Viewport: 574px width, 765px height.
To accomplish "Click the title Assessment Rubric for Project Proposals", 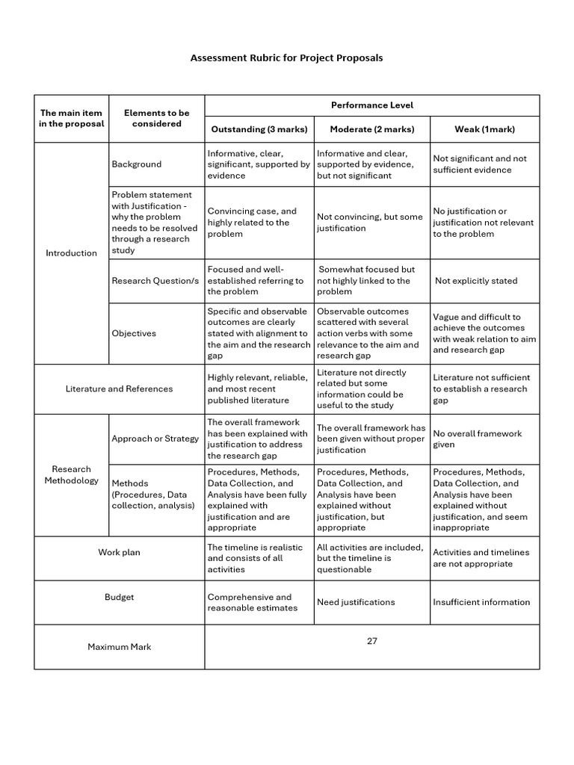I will (286, 58).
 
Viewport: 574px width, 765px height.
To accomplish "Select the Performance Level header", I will (371, 105).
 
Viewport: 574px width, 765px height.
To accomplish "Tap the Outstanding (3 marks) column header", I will (259, 129).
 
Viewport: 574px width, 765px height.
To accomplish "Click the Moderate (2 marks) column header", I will (371, 129).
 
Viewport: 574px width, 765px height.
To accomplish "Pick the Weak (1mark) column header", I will (484, 129).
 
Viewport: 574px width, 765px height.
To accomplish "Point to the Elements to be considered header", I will (156, 118).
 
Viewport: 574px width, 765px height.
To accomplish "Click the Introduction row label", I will (72, 253).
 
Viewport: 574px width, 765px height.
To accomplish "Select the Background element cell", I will (136, 164).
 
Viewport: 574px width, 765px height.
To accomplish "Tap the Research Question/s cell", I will (155, 281).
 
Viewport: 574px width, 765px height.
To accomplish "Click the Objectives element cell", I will (134, 333).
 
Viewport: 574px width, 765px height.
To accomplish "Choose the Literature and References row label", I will (119, 388).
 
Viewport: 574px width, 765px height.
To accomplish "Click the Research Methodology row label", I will (72, 475).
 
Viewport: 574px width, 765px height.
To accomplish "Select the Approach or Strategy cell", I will (155, 439).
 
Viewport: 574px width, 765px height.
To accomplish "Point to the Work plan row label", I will (119, 553).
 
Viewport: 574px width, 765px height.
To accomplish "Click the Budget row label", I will (119, 598).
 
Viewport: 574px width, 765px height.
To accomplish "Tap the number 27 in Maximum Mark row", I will (371, 641).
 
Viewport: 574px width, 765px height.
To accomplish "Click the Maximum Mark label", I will (119, 647).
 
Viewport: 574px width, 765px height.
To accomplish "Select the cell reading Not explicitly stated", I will (476, 281).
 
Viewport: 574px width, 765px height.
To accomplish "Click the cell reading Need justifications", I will (356, 602).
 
